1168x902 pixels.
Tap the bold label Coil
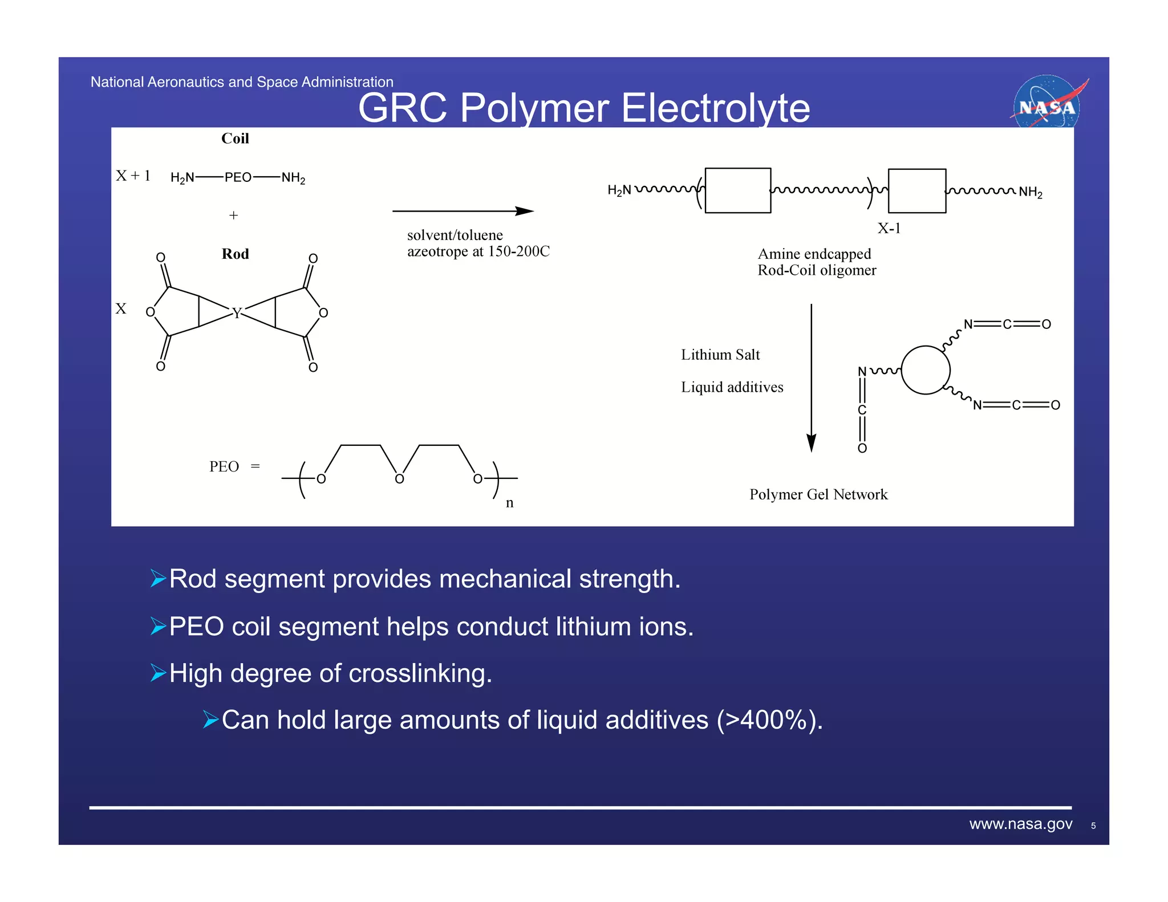click(235, 139)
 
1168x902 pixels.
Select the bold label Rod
click(235, 254)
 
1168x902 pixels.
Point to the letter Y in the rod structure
click(237, 312)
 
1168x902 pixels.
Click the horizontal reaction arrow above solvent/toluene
click(463, 211)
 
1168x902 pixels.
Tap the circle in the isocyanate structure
click(925, 370)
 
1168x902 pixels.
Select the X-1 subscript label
click(889, 229)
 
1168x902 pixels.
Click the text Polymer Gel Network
click(818, 494)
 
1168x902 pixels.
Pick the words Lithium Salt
click(720, 355)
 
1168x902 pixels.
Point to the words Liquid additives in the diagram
click(732, 387)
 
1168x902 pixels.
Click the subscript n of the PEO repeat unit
click(509, 503)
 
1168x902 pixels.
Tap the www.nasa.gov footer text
click(1020, 824)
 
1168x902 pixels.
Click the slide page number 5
click(1093, 826)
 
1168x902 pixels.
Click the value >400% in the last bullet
click(768, 720)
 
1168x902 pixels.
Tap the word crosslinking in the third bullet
click(420, 673)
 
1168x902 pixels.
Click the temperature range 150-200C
click(518, 251)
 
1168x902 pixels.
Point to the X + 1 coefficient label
click(133, 176)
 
